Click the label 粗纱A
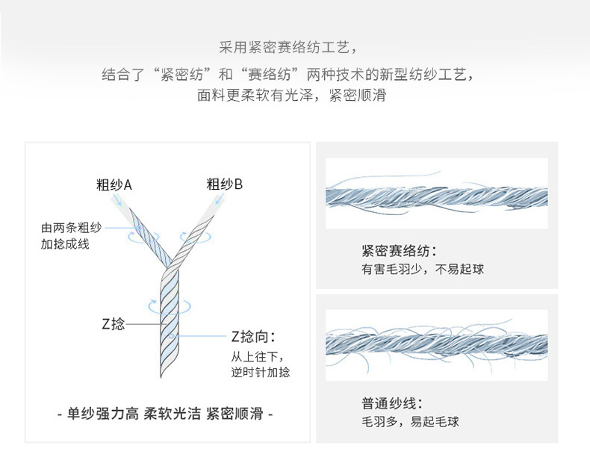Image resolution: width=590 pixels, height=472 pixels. coord(114,184)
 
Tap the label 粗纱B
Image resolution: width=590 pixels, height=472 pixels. coord(225,184)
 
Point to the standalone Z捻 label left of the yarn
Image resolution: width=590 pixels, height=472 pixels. coord(113,324)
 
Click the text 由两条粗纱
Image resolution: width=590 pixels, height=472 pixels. coord(65,229)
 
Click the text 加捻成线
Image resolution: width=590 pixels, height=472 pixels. coord(65,244)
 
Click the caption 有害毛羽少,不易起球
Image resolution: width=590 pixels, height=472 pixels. coord(422,269)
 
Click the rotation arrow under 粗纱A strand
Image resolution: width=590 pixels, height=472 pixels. coord(137,236)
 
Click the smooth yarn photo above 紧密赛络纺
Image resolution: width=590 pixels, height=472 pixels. coord(436,194)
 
